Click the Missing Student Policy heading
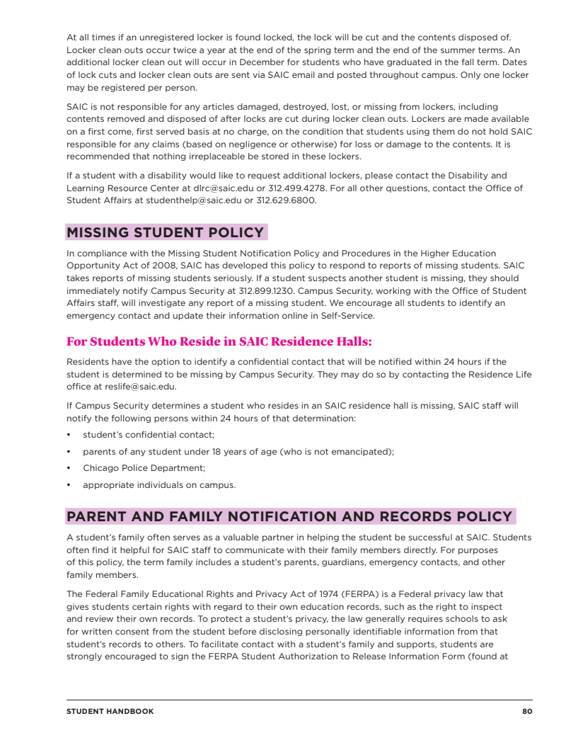(166, 232)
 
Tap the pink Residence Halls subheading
(219, 341)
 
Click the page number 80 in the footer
(527, 711)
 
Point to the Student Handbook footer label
(110, 711)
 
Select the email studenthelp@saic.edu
(190, 200)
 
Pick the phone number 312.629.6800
(286, 200)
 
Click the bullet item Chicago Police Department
(144, 468)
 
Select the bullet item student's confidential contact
(149, 434)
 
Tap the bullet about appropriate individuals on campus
(159, 485)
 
